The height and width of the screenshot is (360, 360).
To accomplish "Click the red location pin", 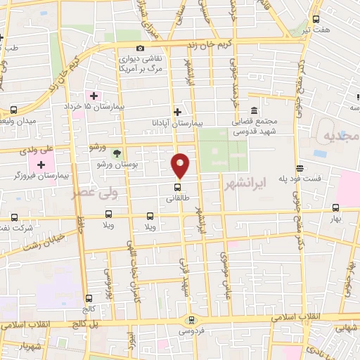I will click(x=181, y=165).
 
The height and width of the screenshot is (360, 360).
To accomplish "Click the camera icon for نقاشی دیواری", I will click(x=141, y=48).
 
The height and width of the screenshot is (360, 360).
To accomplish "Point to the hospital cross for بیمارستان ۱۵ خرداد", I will click(x=94, y=95).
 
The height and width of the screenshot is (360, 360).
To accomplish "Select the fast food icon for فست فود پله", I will click(x=300, y=168).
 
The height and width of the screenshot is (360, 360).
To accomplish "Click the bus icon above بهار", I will click(x=335, y=208).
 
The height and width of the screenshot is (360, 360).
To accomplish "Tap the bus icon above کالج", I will click(x=87, y=298).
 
